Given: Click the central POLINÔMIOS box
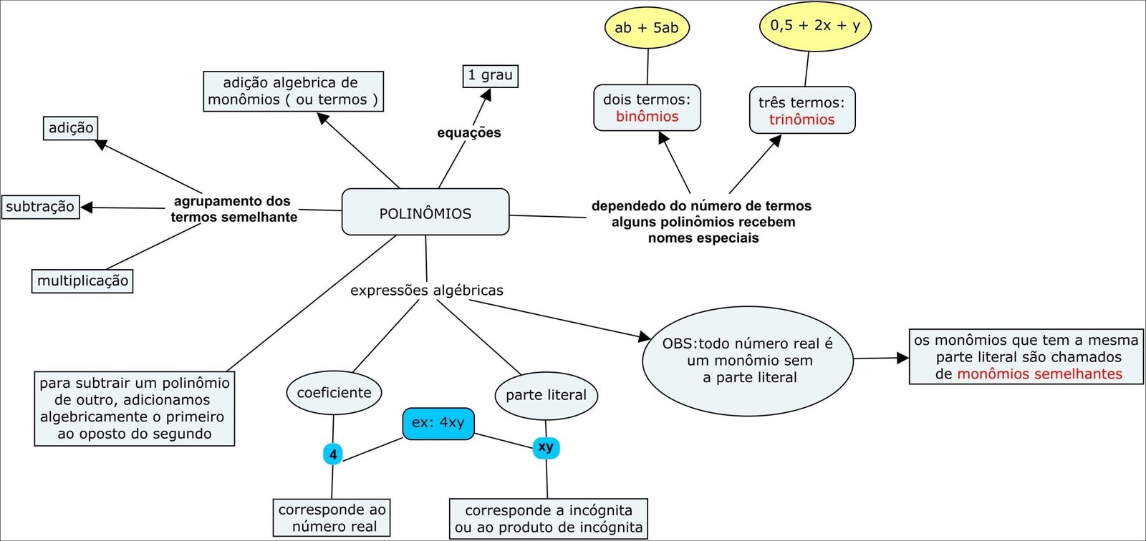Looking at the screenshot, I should [x=425, y=213].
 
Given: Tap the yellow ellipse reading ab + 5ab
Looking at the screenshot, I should [x=647, y=28].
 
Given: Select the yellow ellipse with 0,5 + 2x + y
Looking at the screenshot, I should [x=815, y=26].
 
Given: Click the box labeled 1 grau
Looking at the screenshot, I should [x=490, y=75].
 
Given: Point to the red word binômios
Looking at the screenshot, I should [x=647, y=117].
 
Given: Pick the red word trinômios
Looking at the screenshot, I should [x=801, y=120].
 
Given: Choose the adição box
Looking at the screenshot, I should [x=71, y=128].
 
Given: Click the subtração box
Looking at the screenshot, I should [x=40, y=207].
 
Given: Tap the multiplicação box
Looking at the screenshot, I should [x=82, y=281].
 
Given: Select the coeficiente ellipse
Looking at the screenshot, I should [x=334, y=392].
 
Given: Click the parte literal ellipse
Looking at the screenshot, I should [x=546, y=395].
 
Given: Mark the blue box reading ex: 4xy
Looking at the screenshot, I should [x=438, y=423].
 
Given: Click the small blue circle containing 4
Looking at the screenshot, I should [x=333, y=454].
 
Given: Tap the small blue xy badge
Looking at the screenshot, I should [x=546, y=447].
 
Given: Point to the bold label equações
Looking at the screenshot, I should [x=469, y=132].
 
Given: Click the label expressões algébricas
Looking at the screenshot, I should [x=426, y=291].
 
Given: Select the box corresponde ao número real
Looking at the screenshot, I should [x=332, y=518].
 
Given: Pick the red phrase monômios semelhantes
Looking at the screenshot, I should [x=1039, y=374].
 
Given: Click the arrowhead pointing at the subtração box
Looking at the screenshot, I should [x=87, y=208].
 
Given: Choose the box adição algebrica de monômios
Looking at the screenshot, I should [x=293, y=92].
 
